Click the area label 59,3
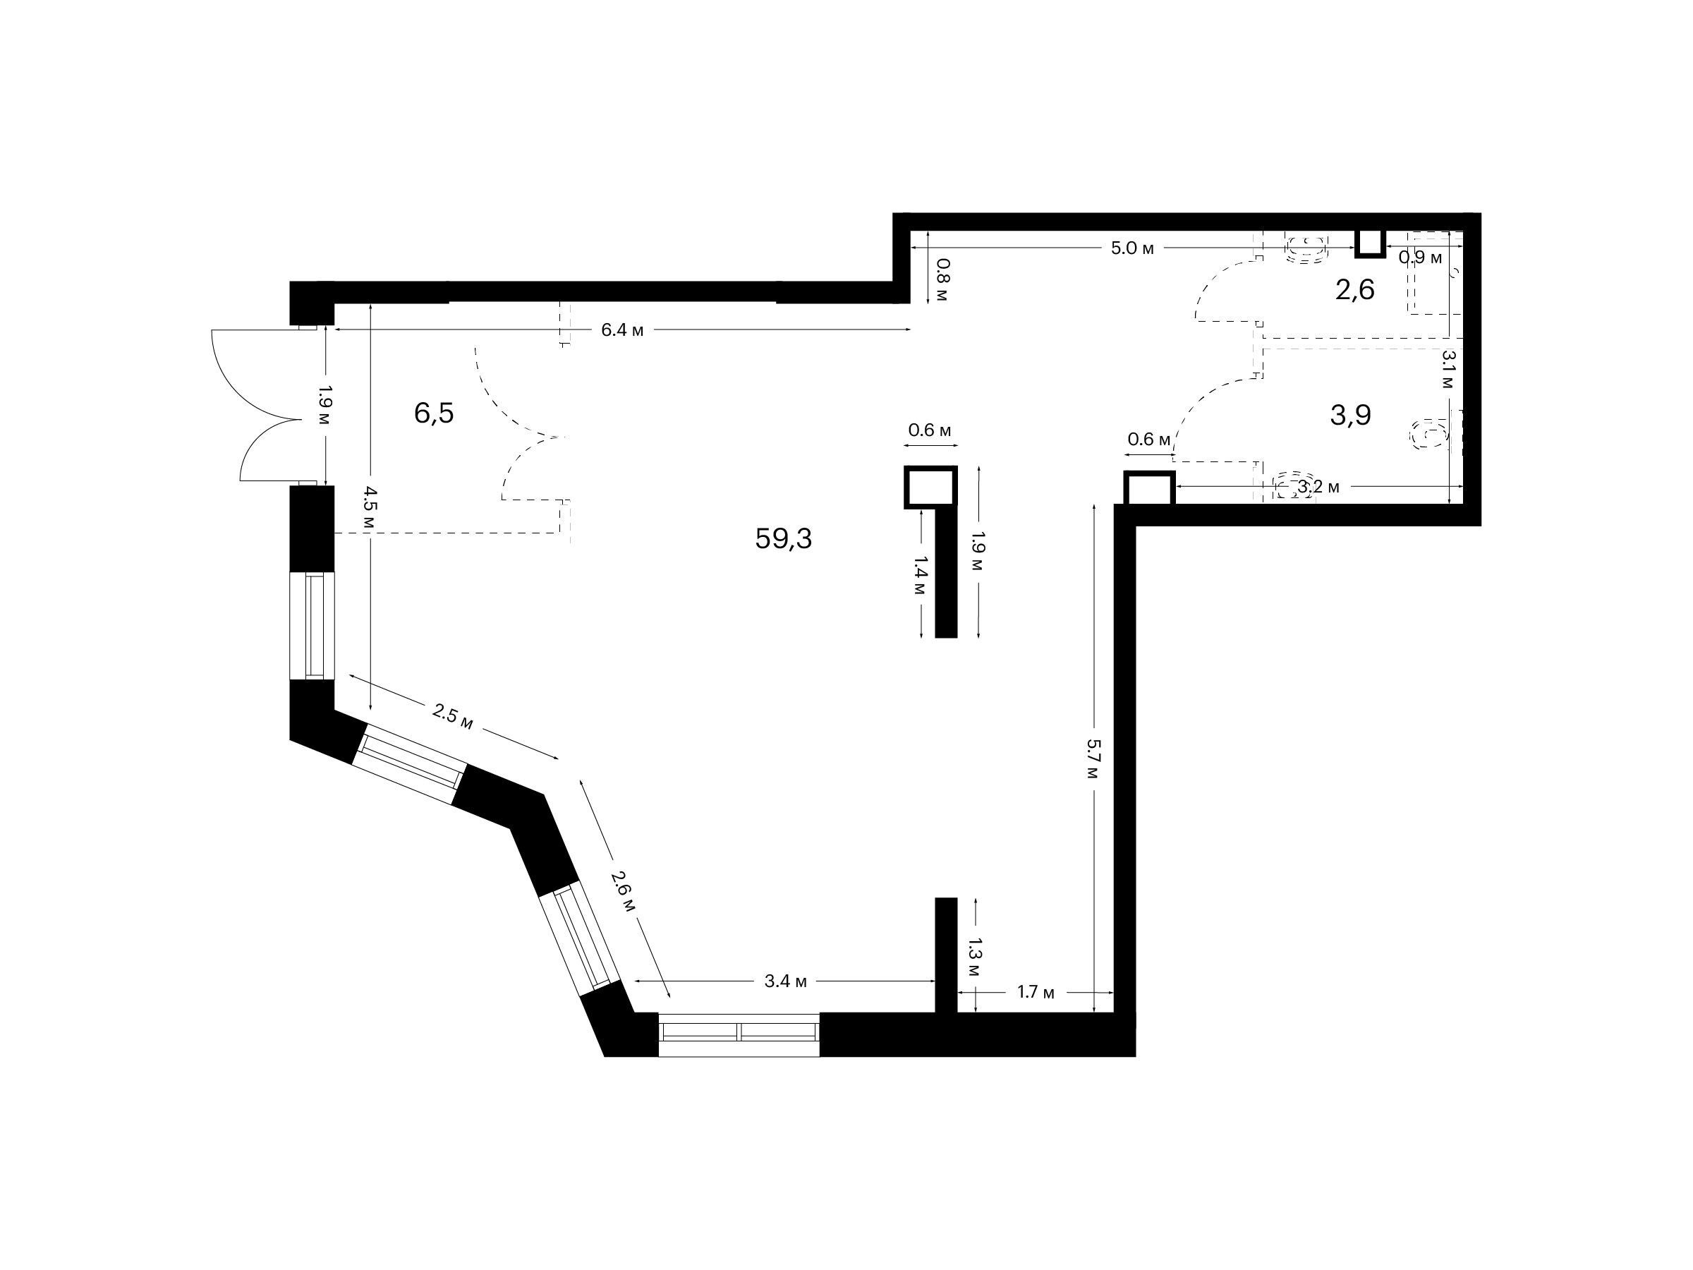point(783,539)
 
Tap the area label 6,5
point(434,413)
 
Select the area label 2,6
point(1354,290)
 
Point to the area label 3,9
point(1350,415)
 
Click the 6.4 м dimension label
point(622,330)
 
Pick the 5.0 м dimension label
point(1132,248)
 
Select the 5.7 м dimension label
point(1093,759)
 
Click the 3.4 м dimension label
point(785,981)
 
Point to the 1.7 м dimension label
point(1036,992)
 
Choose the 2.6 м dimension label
point(623,890)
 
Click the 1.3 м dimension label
point(973,957)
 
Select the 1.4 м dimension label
point(920,576)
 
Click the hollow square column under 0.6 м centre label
point(930,487)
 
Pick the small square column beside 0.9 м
point(1369,243)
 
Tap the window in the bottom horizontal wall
point(739,1034)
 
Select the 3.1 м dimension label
point(1448,370)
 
